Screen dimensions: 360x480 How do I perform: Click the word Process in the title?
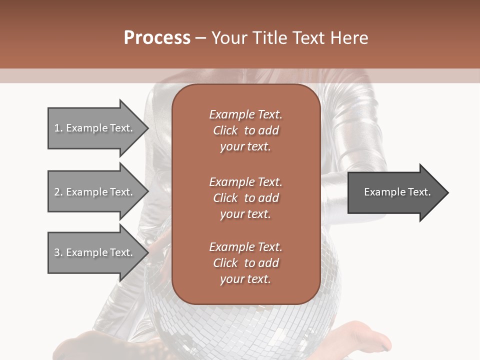click(x=157, y=38)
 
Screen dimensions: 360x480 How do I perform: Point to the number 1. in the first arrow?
click(x=58, y=128)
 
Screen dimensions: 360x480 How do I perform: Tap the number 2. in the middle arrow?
click(x=58, y=192)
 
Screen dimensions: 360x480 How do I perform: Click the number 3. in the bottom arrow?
click(x=58, y=252)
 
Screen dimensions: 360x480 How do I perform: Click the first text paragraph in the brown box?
click(x=245, y=130)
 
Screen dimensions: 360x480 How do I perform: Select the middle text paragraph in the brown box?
click(x=245, y=198)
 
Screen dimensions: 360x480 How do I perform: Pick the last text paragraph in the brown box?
click(x=245, y=263)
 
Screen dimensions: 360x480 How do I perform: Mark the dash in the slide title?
click(x=201, y=38)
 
